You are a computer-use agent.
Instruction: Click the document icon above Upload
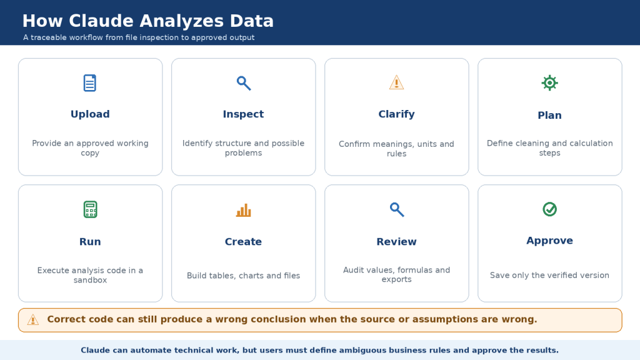[90, 83]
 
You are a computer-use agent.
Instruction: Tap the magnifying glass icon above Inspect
[244, 83]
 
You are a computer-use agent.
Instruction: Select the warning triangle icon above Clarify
[396, 82]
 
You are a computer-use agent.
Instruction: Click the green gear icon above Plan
[550, 83]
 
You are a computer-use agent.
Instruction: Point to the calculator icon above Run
[90, 209]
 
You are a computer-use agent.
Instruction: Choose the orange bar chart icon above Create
[244, 210]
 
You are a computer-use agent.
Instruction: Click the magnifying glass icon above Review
[397, 209]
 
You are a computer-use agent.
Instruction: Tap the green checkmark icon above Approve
[550, 209]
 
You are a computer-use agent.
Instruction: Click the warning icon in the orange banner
[33, 319]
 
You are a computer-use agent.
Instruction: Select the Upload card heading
[90, 114]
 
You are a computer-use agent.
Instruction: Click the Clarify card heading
[396, 114]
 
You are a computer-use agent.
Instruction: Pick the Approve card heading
[549, 241]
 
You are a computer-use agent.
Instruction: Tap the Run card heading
[90, 242]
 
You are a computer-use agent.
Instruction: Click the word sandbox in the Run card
[90, 280]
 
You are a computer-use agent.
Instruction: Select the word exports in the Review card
[396, 279]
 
